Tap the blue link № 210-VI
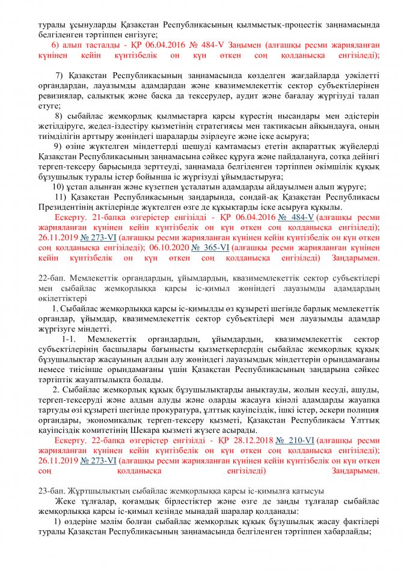(x=295, y=441)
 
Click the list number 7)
(x=61, y=75)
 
